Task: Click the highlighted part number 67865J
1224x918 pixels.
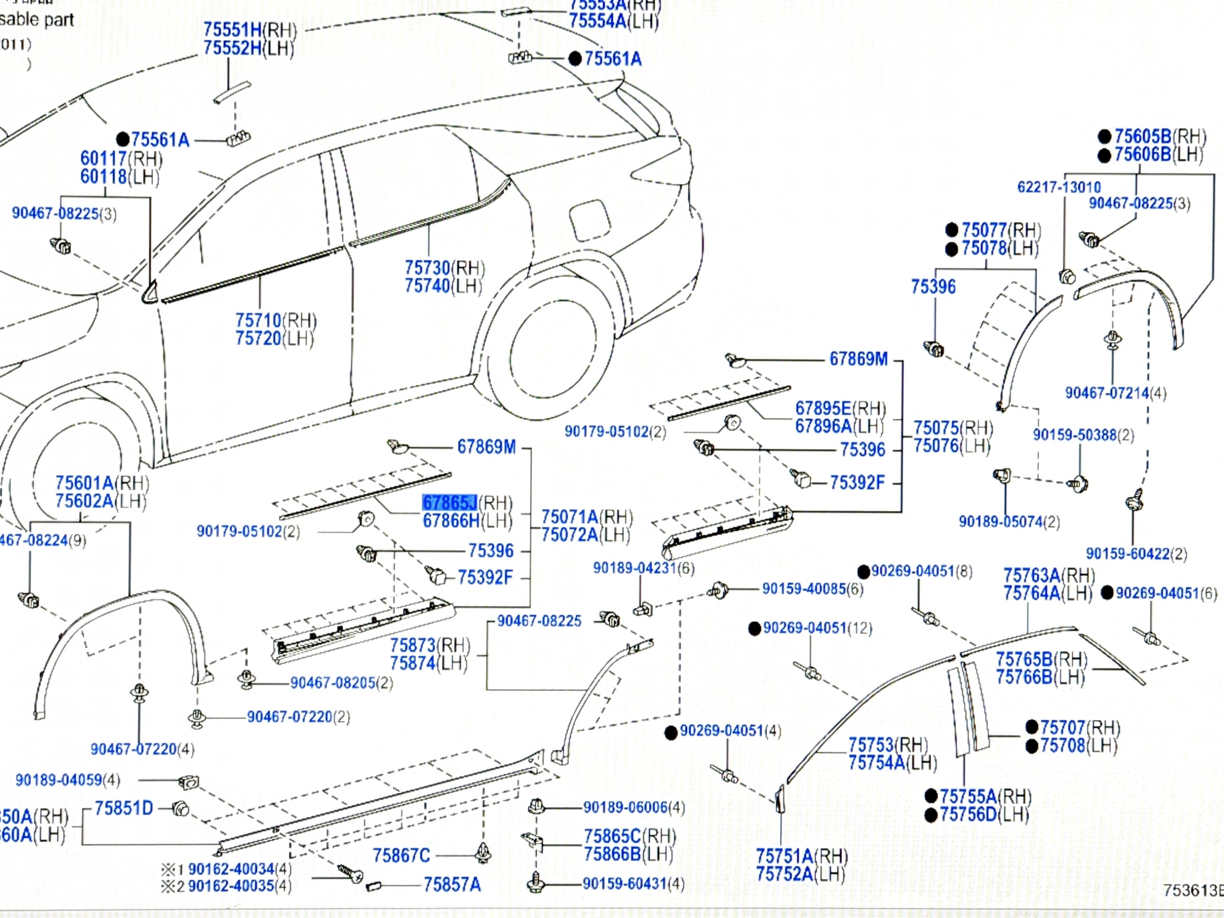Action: (449, 503)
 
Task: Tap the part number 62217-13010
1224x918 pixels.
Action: (1059, 187)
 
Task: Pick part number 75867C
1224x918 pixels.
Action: (401, 856)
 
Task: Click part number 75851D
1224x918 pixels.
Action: (123, 809)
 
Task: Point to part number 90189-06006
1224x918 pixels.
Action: (625, 808)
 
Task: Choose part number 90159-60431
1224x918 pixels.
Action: (624, 884)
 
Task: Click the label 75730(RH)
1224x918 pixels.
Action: (444, 268)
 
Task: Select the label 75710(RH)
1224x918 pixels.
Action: (275, 320)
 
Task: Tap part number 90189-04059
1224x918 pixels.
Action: (59, 780)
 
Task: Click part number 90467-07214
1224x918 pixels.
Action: (1107, 393)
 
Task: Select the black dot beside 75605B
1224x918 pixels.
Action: (1104, 137)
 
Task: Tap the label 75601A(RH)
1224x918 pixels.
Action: (101, 483)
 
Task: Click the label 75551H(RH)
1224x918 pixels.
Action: (250, 30)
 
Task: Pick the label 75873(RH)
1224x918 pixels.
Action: (430, 645)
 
